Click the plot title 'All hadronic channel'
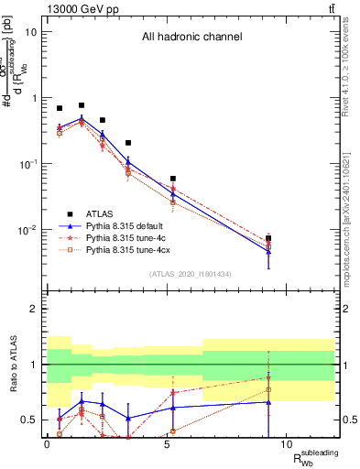click(x=191, y=38)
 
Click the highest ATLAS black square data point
click(x=82, y=105)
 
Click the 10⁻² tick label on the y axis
click(x=27, y=230)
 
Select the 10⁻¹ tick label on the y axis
click(x=27, y=164)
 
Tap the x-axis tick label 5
click(x=167, y=444)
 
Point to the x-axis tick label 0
click(x=47, y=444)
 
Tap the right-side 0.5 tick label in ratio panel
click(x=346, y=420)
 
